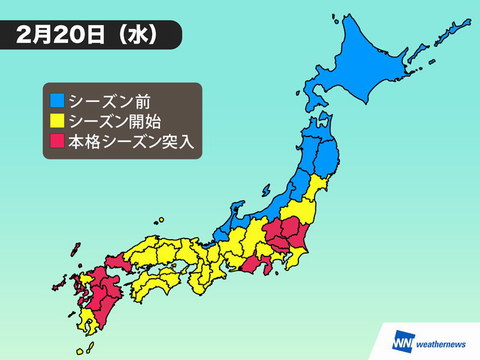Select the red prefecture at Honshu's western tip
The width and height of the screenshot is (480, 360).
[x=108, y=266]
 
